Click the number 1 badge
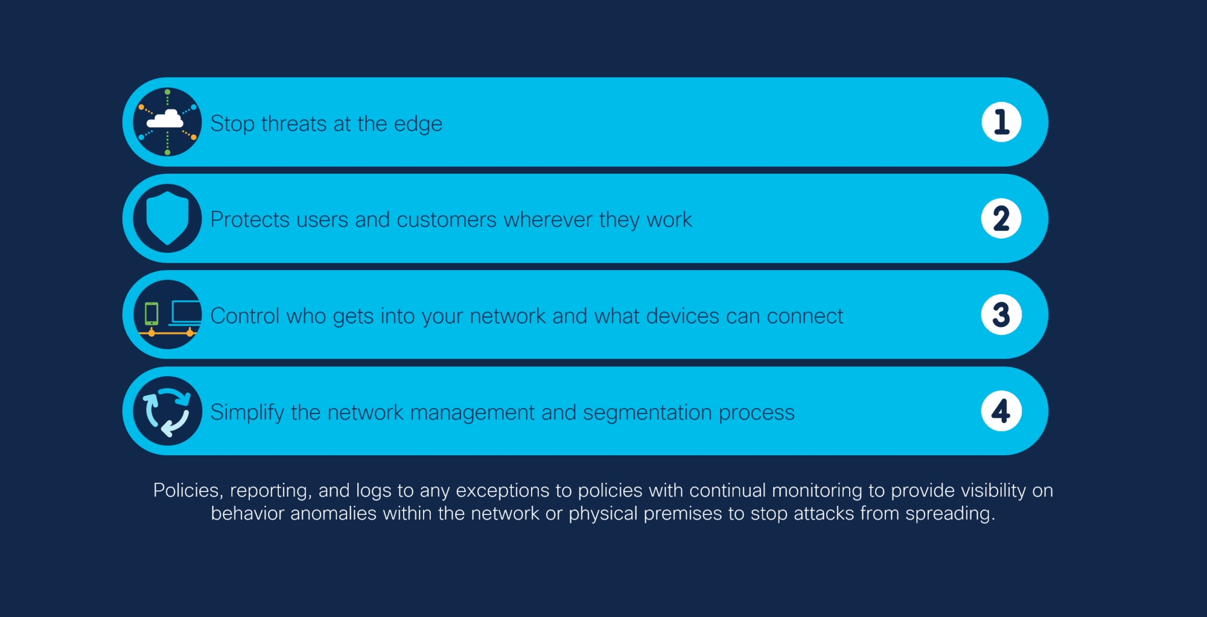pyautogui.click(x=1001, y=122)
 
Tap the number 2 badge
pyautogui.click(x=1001, y=219)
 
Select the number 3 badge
pyautogui.click(x=1001, y=315)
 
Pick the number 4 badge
pyautogui.click(x=1001, y=411)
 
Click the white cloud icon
pyautogui.click(x=165, y=119)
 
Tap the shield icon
pyautogui.click(x=167, y=218)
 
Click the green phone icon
pyautogui.click(x=151, y=314)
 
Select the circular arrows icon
pyautogui.click(x=167, y=411)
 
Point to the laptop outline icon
pyautogui.click(x=185, y=313)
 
